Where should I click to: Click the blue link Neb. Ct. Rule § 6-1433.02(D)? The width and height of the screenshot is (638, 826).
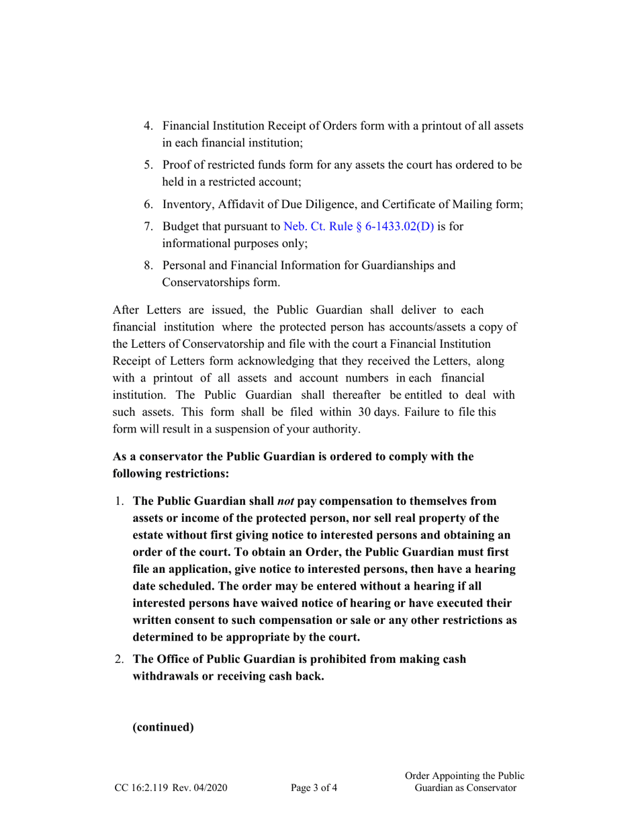359,226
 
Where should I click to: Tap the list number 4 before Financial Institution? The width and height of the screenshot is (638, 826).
149,126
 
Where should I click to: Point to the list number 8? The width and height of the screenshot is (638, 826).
149,265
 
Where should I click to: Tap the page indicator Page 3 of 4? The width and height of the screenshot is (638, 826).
314,788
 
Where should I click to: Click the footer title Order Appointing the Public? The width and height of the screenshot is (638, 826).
465,776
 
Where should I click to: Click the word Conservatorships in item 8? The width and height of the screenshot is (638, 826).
206,283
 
